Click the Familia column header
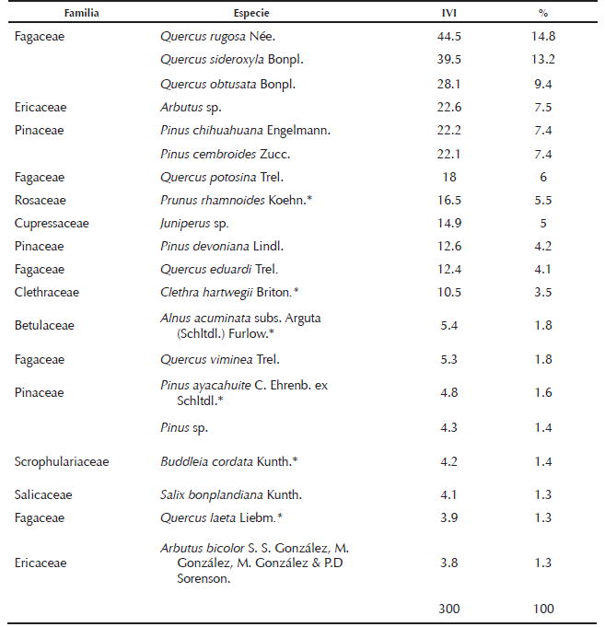[x=81, y=15]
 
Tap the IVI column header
[x=449, y=15]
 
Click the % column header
[x=543, y=15]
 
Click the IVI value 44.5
[x=449, y=38]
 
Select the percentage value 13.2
[x=543, y=61]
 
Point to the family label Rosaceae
[x=41, y=200]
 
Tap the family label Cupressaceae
[x=52, y=223]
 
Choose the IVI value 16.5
[x=449, y=200]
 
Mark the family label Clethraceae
[x=47, y=292]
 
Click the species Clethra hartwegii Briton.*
[x=229, y=292]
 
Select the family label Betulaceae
[x=44, y=325]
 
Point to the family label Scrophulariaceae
[x=62, y=461]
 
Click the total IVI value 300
[x=449, y=609]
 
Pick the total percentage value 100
[x=543, y=609]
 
